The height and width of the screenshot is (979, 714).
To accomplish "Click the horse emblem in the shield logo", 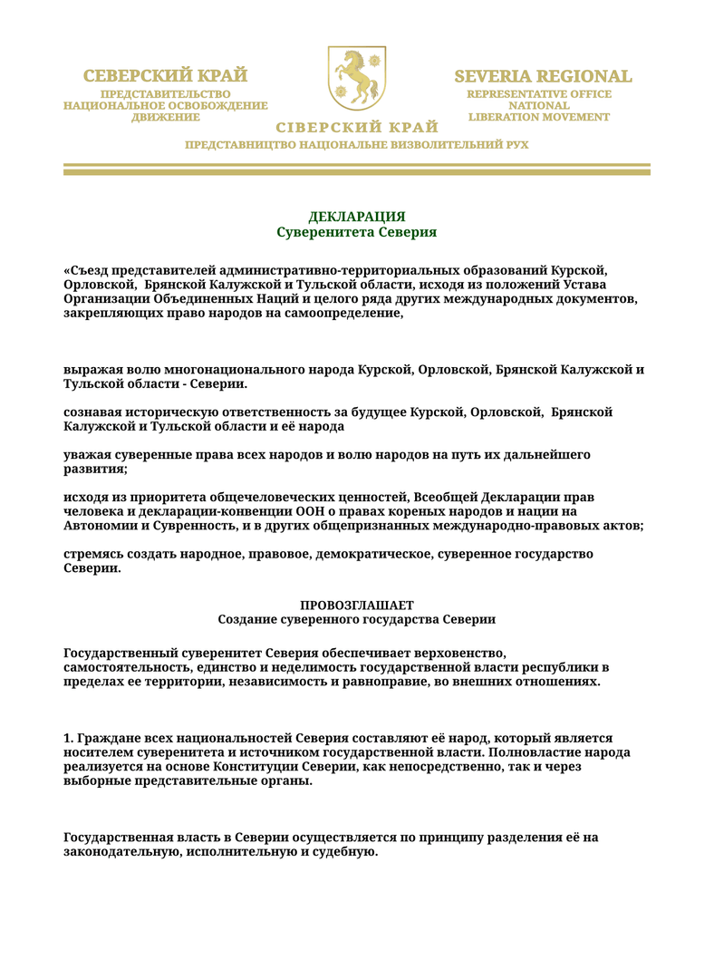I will pyautogui.click(x=356, y=76).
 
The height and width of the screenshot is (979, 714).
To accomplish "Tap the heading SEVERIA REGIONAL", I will pyautogui.click(x=542, y=76).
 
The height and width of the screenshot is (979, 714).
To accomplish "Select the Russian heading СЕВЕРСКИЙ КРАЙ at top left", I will pyautogui.click(x=166, y=75).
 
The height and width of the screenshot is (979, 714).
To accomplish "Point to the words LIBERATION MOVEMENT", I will pyautogui.click(x=539, y=117).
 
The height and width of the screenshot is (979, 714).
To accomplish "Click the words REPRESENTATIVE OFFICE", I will pyautogui.click(x=539, y=94).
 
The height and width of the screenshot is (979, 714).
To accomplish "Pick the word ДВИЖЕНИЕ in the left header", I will pyautogui.click(x=166, y=117).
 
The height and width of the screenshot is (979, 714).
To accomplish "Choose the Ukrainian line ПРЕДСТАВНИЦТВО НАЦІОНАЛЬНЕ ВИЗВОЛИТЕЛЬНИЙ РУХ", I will pyautogui.click(x=356, y=145).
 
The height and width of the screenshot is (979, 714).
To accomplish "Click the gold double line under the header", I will pyautogui.click(x=356, y=169).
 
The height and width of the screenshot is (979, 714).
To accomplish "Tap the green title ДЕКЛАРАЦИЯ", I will pyautogui.click(x=356, y=217).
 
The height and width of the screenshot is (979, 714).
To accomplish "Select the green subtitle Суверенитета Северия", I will pyautogui.click(x=356, y=233).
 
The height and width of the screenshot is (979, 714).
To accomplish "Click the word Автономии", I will pyautogui.click(x=99, y=525).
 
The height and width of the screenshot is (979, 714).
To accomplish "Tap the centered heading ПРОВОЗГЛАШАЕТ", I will pyautogui.click(x=356, y=605).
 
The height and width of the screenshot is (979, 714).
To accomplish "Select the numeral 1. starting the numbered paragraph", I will pyautogui.click(x=69, y=739).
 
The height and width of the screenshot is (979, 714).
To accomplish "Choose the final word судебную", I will pyautogui.click(x=343, y=852).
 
